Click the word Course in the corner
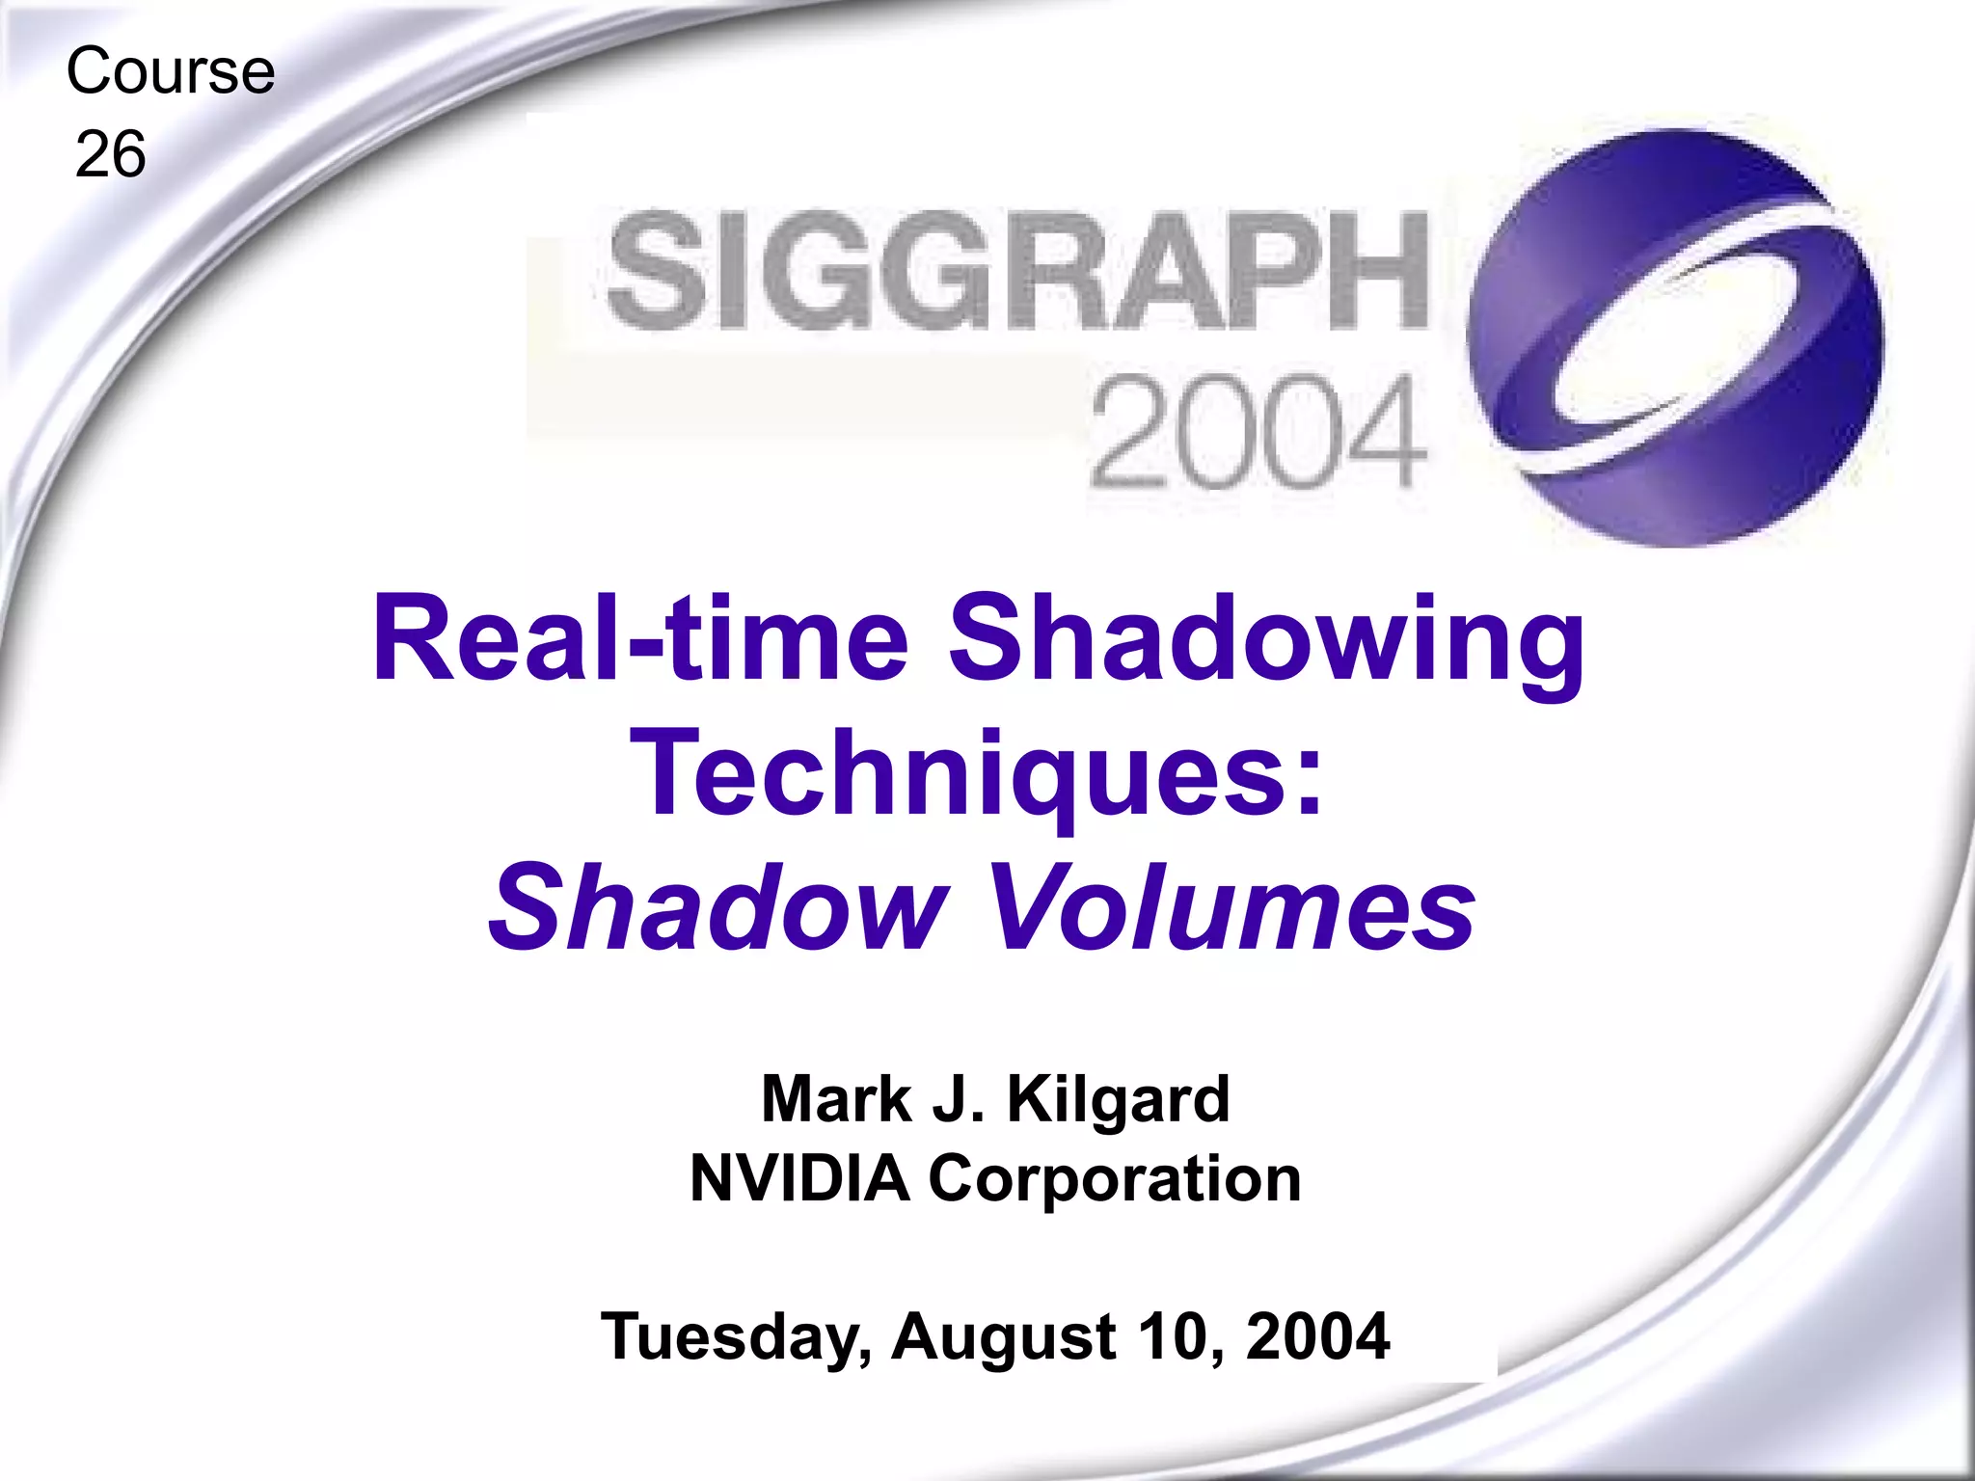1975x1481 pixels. click(171, 72)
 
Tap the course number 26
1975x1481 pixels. click(111, 155)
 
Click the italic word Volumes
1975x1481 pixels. click(1233, 907)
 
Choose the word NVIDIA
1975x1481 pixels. click(799, 1178)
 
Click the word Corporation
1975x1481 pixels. click(1114, 1180)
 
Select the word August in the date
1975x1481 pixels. click(1004, 1338)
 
